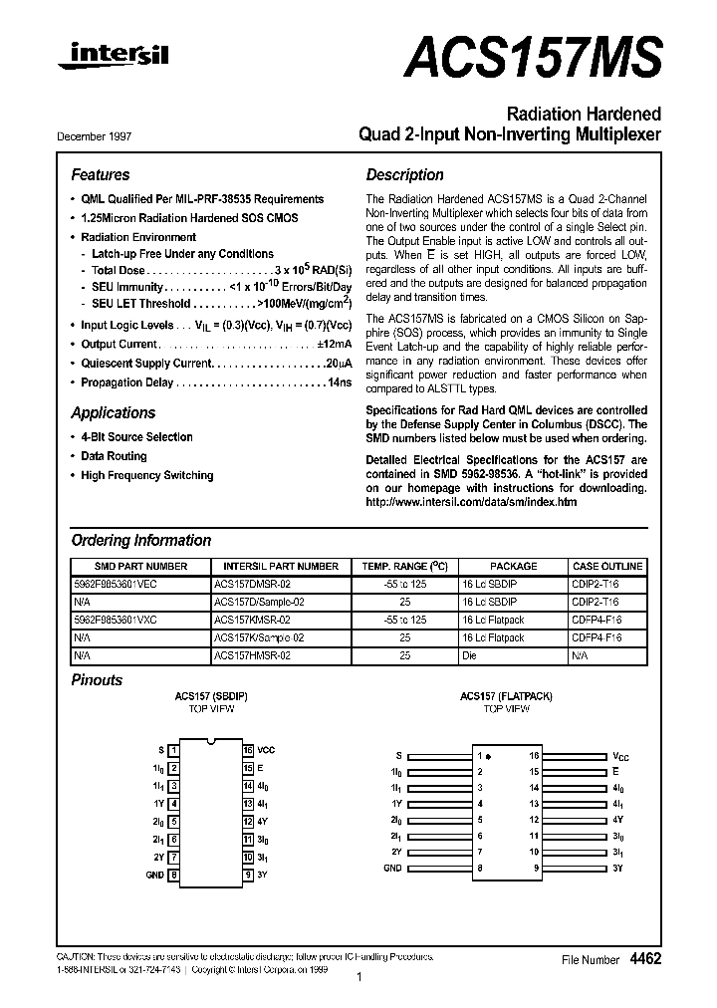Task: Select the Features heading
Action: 100,174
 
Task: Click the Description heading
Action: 404,174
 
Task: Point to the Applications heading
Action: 113,412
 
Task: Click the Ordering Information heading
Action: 140,540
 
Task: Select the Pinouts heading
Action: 97,680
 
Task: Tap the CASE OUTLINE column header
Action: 607,566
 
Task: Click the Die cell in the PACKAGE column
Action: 471,654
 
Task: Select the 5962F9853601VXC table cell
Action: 116,620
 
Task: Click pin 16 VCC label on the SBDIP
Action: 266,749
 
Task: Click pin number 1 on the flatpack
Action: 479,755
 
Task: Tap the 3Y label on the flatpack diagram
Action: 617,869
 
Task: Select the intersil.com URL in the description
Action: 471,502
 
